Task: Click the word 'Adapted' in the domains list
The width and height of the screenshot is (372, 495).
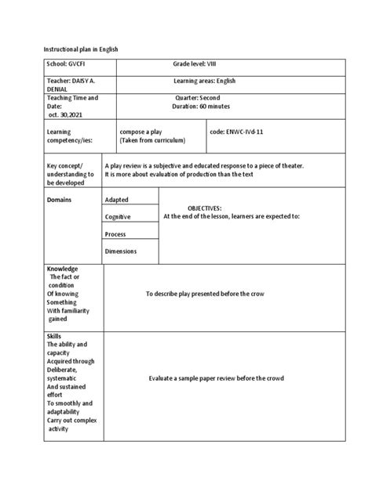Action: point(119,200)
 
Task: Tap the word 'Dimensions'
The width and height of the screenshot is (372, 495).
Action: point(122,251)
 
